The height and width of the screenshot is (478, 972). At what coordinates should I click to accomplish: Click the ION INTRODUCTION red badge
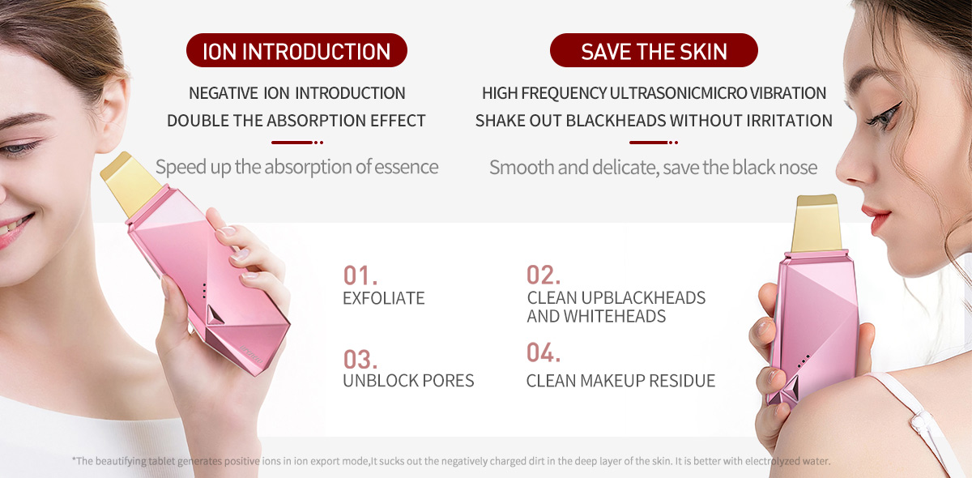tap(296, 50)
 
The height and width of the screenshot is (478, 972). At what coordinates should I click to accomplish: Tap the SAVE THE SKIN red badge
tap(654, 50)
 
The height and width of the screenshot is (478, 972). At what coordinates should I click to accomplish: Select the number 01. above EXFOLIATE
tap(360, 275)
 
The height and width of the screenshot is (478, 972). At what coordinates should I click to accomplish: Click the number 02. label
tap(544, 275)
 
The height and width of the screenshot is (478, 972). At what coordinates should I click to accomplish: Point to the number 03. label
tap(360, 360)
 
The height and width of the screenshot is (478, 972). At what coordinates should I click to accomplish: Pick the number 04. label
tap(544, 352)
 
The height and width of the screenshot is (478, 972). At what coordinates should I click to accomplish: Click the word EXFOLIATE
tap(384, 298)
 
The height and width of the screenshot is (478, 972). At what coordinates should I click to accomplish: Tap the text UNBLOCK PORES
tap(408, 381)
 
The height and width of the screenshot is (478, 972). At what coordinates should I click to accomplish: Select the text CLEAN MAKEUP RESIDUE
tap(620, 381)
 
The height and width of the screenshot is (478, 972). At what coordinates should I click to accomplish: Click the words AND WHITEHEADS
tap(596, 317)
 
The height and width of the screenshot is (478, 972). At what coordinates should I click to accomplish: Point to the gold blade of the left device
tap(131, 183)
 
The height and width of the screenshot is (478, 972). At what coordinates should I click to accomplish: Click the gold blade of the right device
tap(816, 224)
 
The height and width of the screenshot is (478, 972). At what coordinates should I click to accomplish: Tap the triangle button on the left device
tap(214, 315)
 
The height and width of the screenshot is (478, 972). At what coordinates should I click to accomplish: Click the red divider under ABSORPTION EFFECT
tap(297, 143)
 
